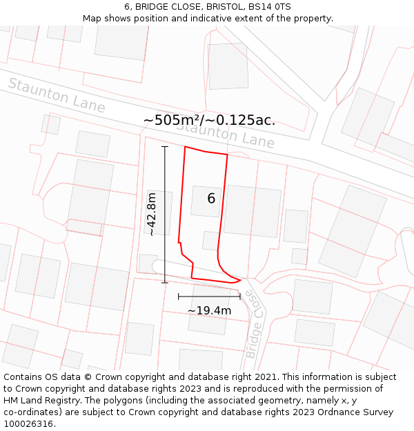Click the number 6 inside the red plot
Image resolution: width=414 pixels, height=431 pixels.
pyautogui.click(x=211, y=199)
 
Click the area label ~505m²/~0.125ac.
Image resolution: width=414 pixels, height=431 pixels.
pyautogui.click(x=209, y=120)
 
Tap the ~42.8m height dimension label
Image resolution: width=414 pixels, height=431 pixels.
pyautogui.click(x=152, y=214)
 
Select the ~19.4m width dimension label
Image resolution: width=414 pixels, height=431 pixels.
pyautogui.click(x=209, y=310)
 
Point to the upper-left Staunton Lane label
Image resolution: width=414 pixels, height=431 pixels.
pyautogui.click(x=57, y=96)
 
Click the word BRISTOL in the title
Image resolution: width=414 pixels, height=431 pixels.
pyautogui.click(x=224, y=7)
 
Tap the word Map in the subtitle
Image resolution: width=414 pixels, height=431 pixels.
pyautogui.click(x=92, y=19)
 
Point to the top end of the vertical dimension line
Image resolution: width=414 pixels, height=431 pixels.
pyautogui.click(x=165, y=146)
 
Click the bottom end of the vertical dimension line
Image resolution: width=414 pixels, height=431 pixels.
pyautogui.click(x=165, y=283)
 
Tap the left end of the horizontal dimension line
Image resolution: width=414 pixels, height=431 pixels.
pyautogui.click(x=178, y=297)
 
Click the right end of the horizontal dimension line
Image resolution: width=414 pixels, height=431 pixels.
pyautogui.click(x=240, y=297)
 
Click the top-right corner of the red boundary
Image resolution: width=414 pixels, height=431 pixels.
pyautogui.click(x=227, y=155)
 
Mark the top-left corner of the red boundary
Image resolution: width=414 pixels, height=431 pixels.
pyautogui.click(x=185, y=147)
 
